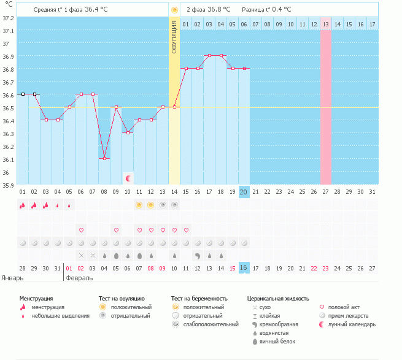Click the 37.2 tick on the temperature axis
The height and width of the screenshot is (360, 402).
point(9,18)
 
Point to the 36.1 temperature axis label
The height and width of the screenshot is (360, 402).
point(9,159)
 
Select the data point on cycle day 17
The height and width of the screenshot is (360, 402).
point(210,55)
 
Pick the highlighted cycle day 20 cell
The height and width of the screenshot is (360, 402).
point(244,192)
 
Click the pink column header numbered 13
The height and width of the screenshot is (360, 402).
point(325,24)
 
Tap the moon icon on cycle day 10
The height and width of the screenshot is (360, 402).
point(128,178)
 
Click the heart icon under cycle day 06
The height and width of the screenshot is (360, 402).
point(81,230)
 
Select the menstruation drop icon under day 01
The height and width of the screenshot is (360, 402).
point(23,205)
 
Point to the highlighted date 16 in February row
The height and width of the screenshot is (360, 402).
point(244,268)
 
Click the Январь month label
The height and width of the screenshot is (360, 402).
point(13,278)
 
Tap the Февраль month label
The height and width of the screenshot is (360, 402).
point(80,278)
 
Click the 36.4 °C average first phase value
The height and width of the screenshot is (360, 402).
point(99,10)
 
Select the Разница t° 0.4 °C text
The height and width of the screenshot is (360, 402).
point(266,10)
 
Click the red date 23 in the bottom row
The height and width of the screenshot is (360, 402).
point(325,268)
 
